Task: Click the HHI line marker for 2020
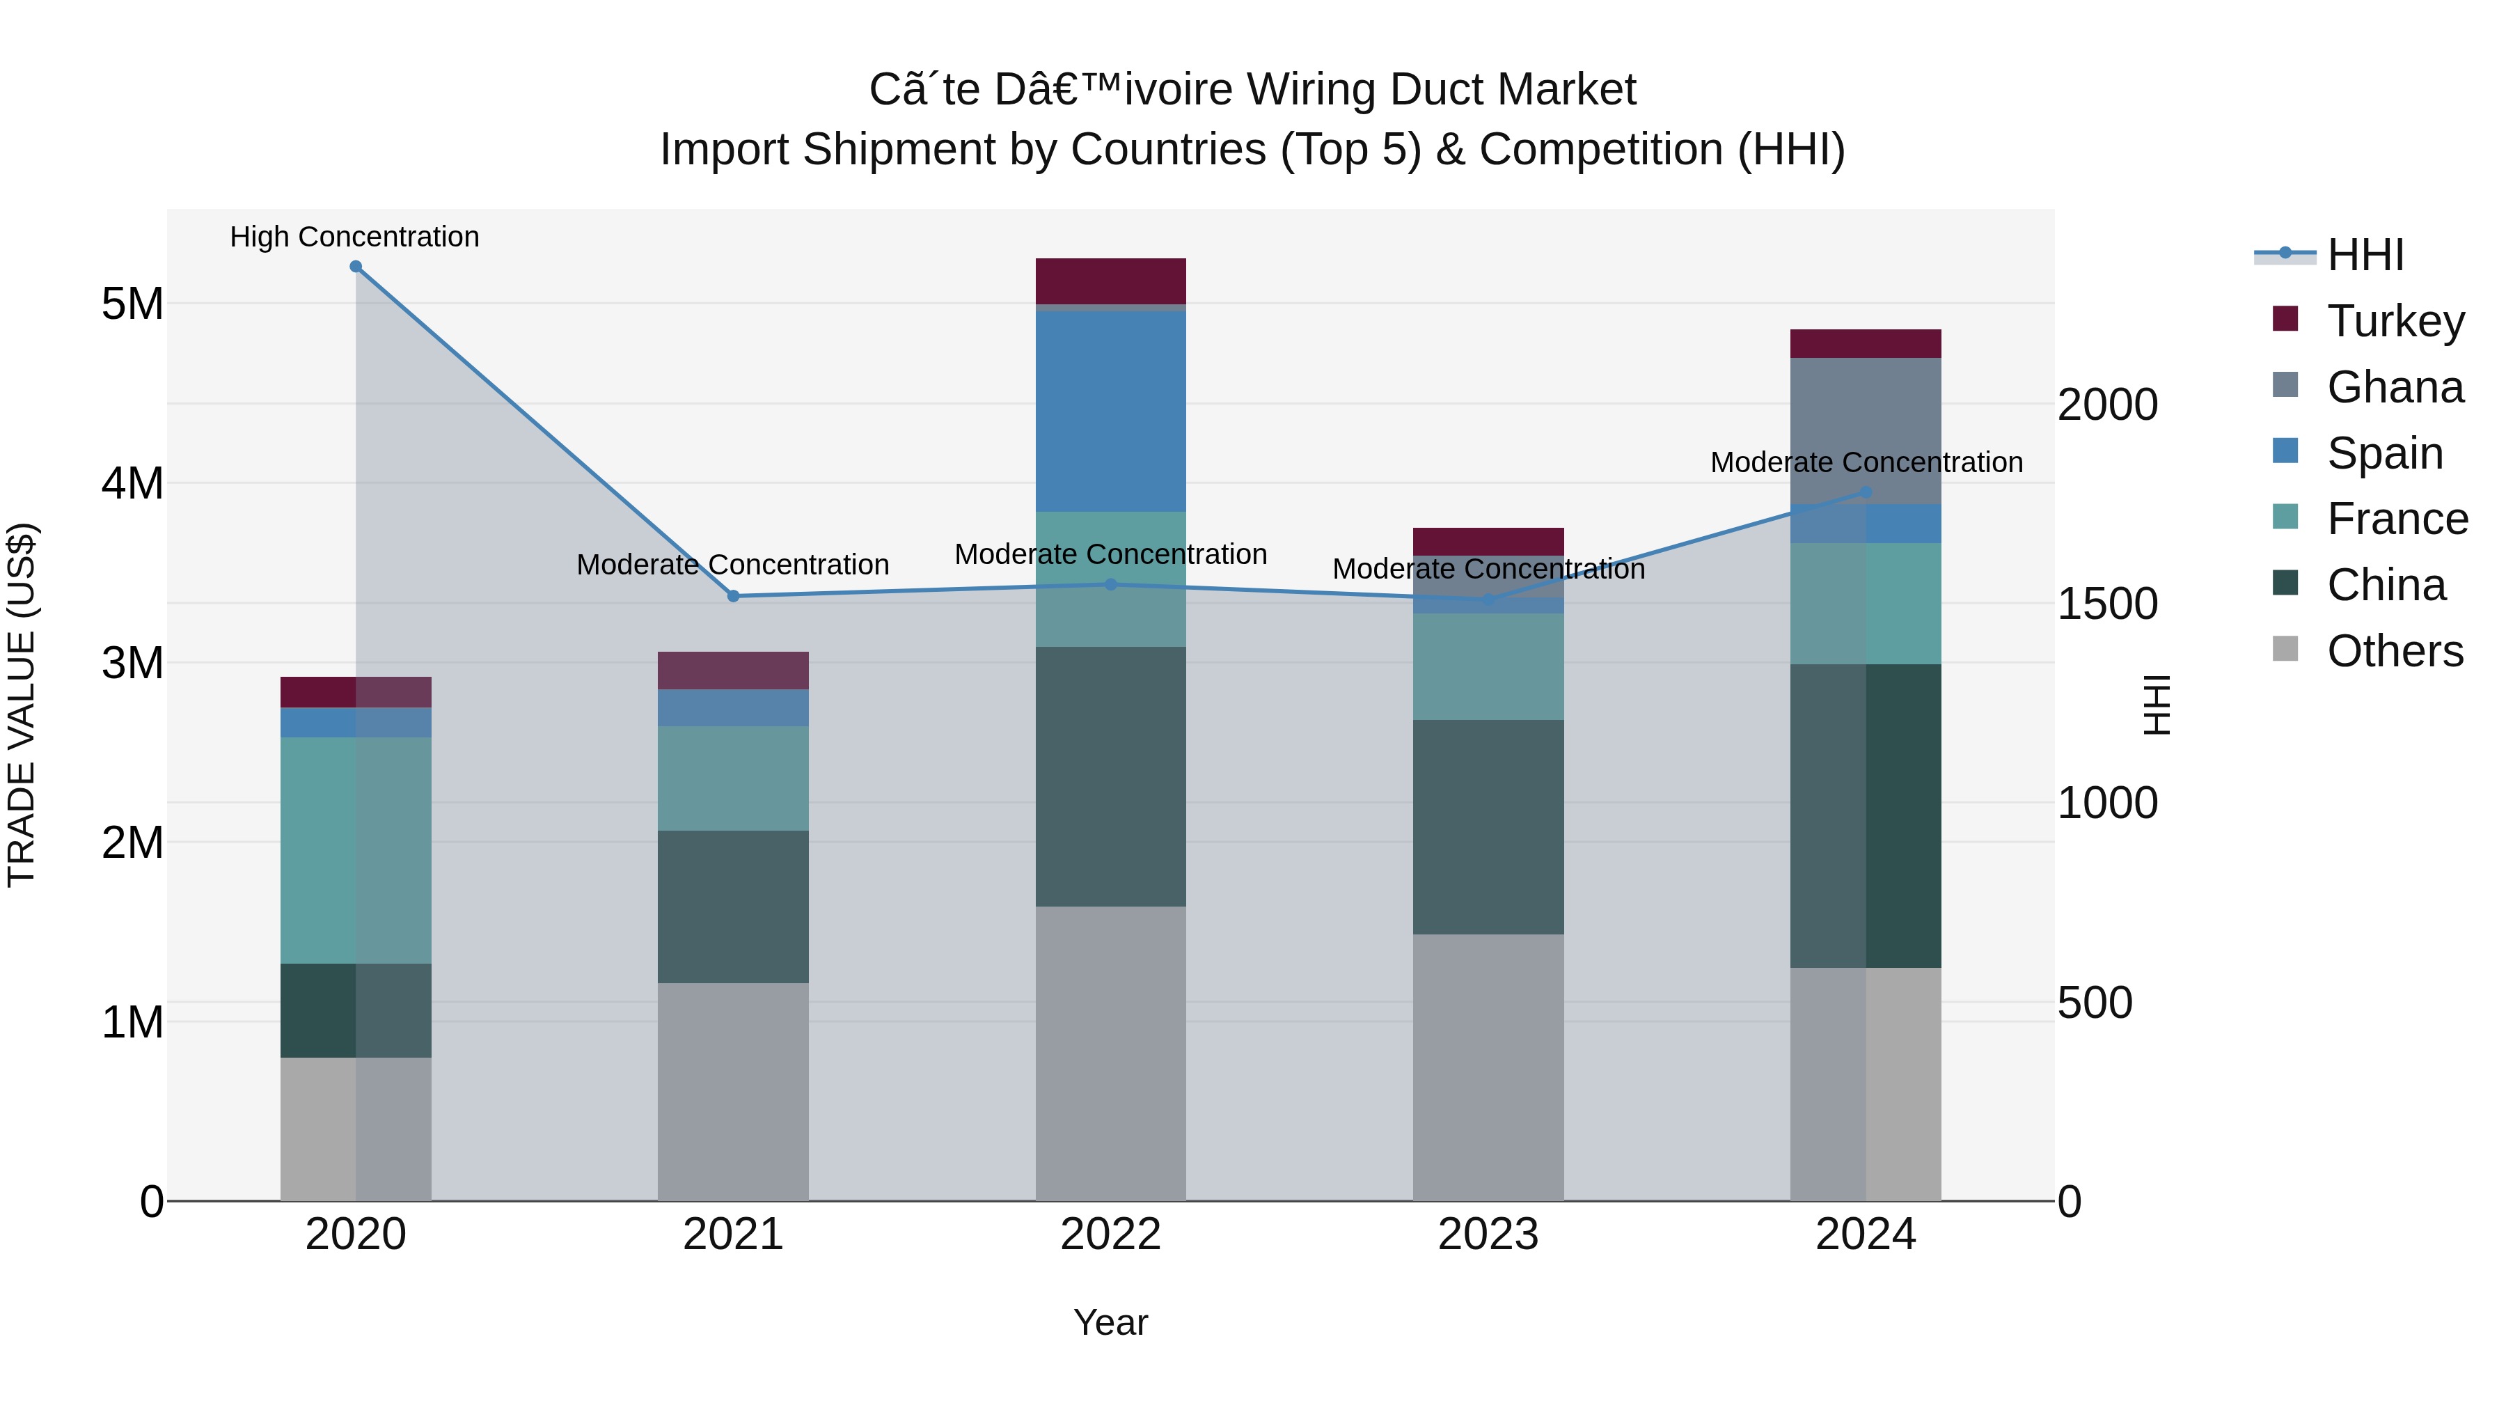coord(356,267)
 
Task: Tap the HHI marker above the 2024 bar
coord(1865,492)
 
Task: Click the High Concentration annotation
coord(354,237)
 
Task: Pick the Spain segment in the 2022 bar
coord(1110,411)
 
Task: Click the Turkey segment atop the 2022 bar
coord(1110,281)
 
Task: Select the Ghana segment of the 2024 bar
coord(1865,430)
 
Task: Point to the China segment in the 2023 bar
coord(1488,827)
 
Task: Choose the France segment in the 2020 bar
coord(355,849)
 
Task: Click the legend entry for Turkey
coord(2395,321)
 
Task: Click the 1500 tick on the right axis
coord(2107,604)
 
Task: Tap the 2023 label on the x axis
coord(1488,1235)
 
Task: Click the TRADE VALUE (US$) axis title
coord(22,705)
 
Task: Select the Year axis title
coord(1110,1322)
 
